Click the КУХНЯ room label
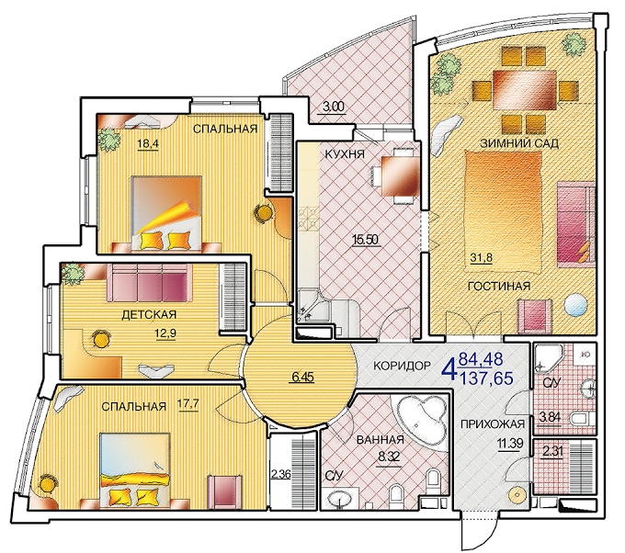[345, 153]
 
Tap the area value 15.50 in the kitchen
[365, 240]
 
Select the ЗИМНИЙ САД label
[519, 143]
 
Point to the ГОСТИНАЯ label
[499, 286]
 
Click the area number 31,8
[481, 257]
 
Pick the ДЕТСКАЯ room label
[149, 315]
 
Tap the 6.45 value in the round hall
[301, 377]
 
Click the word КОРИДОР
[403, 366]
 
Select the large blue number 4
[449, 368]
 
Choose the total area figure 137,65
[486, 378]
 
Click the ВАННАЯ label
[381, 440]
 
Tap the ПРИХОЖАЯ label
[493, 424]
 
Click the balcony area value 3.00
[333, 107]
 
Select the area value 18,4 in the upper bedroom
[148, 143]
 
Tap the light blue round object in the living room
[575, 305]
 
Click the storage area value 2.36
[280, 475]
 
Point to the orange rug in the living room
[504, 211]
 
